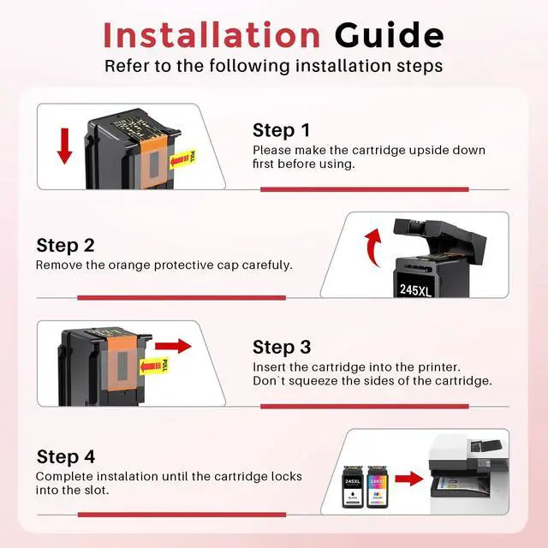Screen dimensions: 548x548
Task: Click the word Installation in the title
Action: [211, 35]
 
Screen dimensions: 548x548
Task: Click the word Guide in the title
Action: [390, 35]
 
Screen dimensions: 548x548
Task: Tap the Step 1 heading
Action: [282, 130]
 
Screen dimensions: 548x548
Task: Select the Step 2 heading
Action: [65, 246]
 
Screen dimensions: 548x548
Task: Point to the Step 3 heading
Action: [282, 347]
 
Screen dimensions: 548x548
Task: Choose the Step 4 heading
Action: [66, 456]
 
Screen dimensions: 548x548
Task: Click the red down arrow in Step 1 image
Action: [65, 146]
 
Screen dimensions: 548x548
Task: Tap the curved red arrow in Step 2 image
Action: [373, 247]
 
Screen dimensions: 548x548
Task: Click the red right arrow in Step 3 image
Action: [173, 346]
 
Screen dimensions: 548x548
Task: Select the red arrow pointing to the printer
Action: [409, 479]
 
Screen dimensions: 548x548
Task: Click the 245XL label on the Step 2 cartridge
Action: [415, 289]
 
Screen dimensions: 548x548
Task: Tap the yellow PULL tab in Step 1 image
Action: [182, 160]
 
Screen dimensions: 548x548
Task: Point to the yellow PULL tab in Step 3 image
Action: [154, 366]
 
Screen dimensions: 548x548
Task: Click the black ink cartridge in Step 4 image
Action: [353, 487]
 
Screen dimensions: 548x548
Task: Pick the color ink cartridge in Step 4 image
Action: [377, 487]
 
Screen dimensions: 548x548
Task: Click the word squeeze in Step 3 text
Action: [313, 381]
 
